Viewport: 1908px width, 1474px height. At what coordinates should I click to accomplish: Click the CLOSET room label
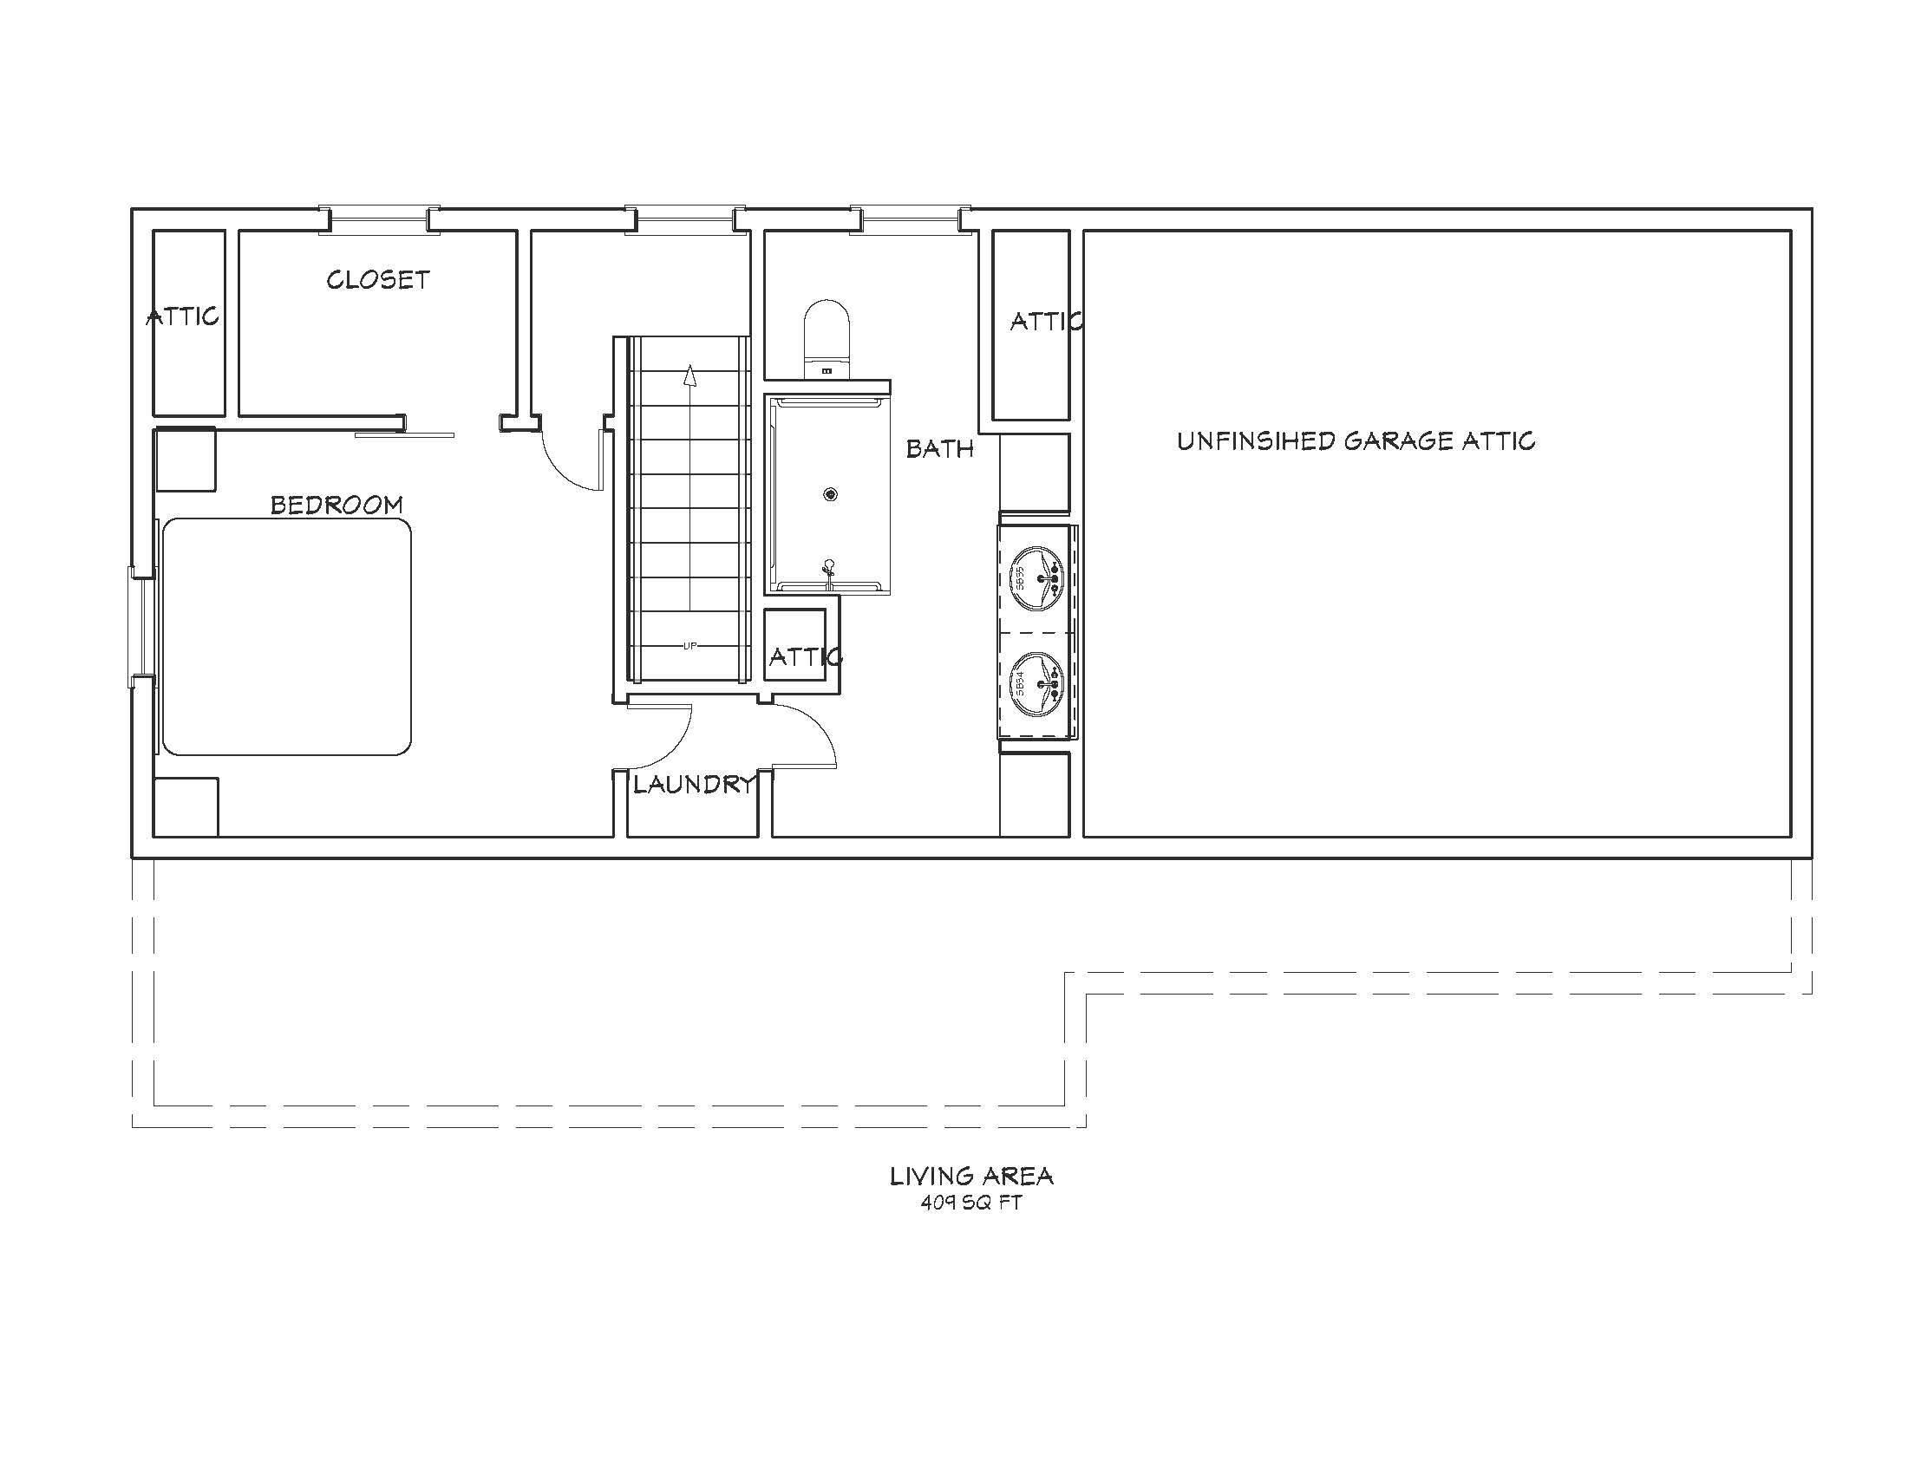377,279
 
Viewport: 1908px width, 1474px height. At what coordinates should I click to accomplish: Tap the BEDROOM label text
337,505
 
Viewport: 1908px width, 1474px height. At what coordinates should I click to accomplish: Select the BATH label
939,449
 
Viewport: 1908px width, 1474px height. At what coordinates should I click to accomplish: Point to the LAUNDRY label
694,784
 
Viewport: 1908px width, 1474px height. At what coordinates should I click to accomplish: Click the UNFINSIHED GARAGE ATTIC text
1356,441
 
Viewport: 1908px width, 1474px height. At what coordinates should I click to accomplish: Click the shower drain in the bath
831,495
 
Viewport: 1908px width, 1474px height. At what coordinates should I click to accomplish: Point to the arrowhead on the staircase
690,375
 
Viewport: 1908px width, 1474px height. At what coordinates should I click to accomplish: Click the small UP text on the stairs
690,646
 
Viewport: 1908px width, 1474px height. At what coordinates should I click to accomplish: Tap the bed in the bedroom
286,636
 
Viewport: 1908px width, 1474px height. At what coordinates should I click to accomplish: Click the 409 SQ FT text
970,1203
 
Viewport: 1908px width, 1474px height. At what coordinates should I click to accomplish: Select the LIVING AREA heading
971,1177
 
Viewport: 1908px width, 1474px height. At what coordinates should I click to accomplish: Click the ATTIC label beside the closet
183,316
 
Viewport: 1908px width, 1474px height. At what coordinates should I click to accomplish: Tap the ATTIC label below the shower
806,656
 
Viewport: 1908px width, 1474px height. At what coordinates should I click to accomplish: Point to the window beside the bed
141,627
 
